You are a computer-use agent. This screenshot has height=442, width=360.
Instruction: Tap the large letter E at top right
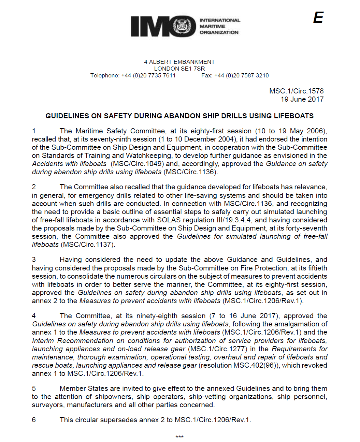[318, 18]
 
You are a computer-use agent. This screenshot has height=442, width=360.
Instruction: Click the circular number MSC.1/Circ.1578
[296, 91]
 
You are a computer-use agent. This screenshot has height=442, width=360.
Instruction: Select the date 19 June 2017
[302, 99]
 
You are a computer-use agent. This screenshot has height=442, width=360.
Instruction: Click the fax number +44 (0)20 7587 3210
[241, 75]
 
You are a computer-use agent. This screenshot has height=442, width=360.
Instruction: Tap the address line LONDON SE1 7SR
[179, 69]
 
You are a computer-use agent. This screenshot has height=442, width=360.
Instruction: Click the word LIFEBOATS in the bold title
[293, 116]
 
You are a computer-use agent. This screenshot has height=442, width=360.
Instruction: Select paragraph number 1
[34, 131]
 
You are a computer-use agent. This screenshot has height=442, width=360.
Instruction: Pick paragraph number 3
[34, 260]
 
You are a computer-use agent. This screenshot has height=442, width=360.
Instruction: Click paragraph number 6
[34, 420]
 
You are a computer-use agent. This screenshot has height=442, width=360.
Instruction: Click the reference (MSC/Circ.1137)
[88, 245]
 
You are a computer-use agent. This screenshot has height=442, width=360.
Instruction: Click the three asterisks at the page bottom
[179, 437]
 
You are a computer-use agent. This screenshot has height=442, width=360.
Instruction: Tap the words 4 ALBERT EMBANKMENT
[179, 62]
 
